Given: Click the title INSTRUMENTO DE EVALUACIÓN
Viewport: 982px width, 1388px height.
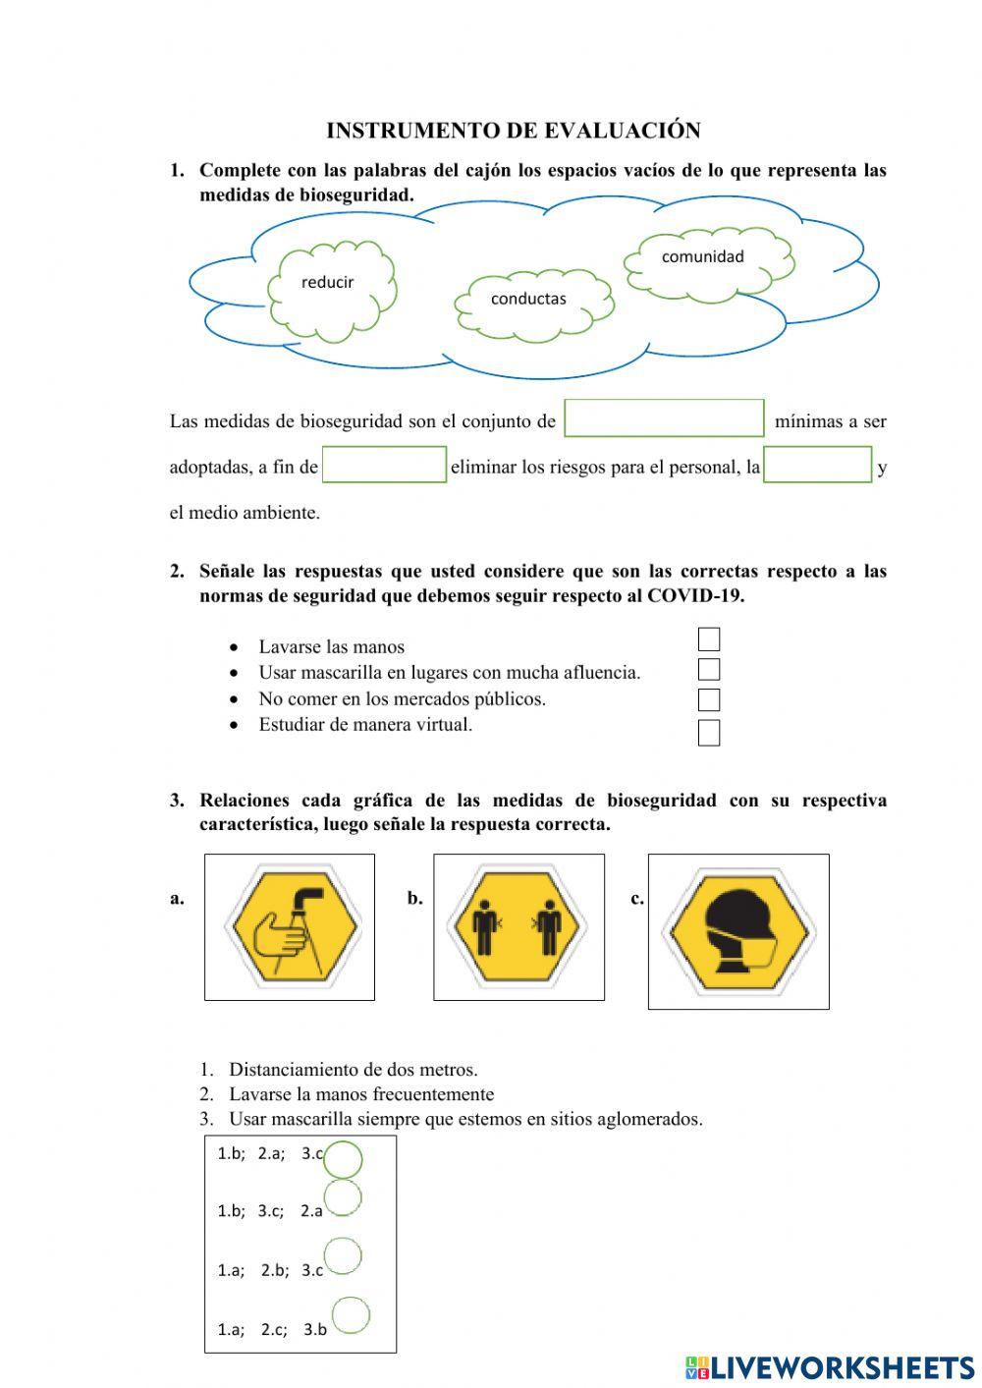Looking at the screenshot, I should coord(513,131).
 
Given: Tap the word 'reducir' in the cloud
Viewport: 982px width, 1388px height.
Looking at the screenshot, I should coord(327,282).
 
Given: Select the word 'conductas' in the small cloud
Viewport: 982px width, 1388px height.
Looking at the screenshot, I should coord(528,299).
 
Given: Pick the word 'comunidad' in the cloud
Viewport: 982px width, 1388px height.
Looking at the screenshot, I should coord(702,256).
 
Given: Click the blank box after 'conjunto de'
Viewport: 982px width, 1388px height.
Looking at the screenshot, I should coord(664,418).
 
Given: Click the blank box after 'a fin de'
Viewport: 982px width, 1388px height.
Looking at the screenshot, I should coord(384,465).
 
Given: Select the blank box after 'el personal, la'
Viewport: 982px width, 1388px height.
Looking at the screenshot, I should coord(817,465).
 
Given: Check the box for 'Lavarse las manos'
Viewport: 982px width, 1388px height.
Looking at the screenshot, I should coord(708,639).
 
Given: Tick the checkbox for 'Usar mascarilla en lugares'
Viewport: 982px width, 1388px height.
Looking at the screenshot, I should coord(708,670).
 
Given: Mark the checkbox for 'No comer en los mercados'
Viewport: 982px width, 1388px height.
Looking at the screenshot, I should coord(708,700).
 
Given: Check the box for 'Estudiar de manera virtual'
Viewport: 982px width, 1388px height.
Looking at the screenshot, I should coord(708,733).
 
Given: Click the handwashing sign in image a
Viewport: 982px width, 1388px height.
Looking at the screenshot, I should coord(289,926).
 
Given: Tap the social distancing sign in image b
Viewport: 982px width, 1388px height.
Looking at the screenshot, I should coord(518,926).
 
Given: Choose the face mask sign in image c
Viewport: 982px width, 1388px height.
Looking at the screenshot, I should coord(737,930).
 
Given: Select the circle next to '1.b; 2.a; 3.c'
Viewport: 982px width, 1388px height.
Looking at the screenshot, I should coord(343,1159).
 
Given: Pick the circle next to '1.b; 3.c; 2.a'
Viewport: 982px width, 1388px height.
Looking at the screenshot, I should coord(342,1197).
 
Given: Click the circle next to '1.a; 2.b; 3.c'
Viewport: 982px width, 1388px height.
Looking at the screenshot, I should coord(343,1255).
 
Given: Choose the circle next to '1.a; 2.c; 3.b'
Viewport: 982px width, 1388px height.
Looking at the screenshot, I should coord(351,1316).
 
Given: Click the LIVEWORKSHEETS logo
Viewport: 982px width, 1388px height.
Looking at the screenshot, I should coord(830,1367).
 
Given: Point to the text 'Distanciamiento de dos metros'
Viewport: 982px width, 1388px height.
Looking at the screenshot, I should coord(353,1070).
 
